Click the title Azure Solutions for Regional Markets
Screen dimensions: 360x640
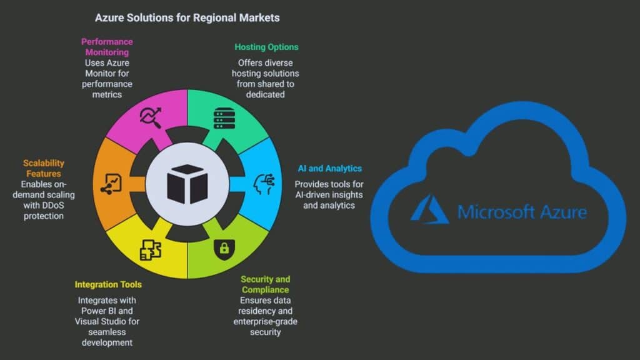click(187, 18)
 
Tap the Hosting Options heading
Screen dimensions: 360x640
click(266, 47)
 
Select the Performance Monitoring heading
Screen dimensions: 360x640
click(107, 47)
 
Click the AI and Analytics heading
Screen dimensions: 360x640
click(328, 169)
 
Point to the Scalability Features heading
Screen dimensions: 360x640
click(43, 169)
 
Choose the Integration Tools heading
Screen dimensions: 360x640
click(108, 285)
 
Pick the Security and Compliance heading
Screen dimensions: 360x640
click(266, 284)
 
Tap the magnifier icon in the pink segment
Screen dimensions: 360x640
click(150, 117)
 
